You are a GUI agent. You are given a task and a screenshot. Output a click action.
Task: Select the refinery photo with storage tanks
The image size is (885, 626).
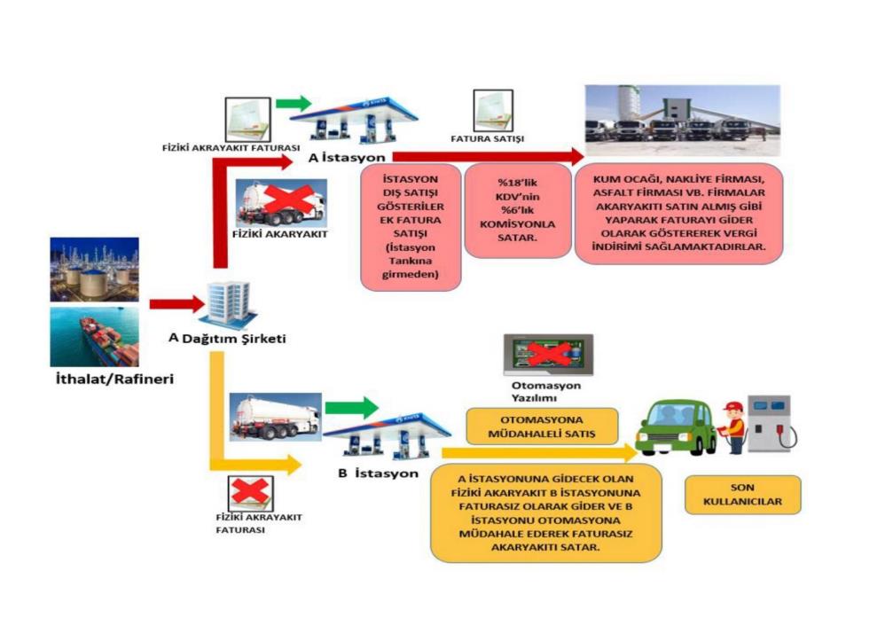[x=94, y=269]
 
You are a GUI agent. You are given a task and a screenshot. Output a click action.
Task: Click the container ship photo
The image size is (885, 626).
[x=94, y=337]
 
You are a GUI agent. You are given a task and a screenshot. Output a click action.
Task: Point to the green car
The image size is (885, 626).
[x=678, y=428]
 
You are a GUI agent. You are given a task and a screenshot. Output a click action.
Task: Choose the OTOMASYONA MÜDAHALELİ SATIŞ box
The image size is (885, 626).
[x=541, y=426]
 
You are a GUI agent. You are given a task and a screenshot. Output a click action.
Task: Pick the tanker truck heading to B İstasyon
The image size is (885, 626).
[x=275, y=415]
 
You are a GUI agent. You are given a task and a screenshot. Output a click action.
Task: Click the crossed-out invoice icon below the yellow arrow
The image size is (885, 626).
[x=250, y=494]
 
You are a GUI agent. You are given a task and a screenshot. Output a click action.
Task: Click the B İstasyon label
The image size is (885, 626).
[x=378, y=473]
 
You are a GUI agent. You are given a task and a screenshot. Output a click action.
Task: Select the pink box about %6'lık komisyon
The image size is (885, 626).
[x=514, y=210]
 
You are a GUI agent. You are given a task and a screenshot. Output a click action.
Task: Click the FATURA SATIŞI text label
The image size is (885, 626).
[x=488, y=139]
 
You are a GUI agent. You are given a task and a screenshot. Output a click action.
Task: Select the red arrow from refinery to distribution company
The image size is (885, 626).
[x=173, y=304]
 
